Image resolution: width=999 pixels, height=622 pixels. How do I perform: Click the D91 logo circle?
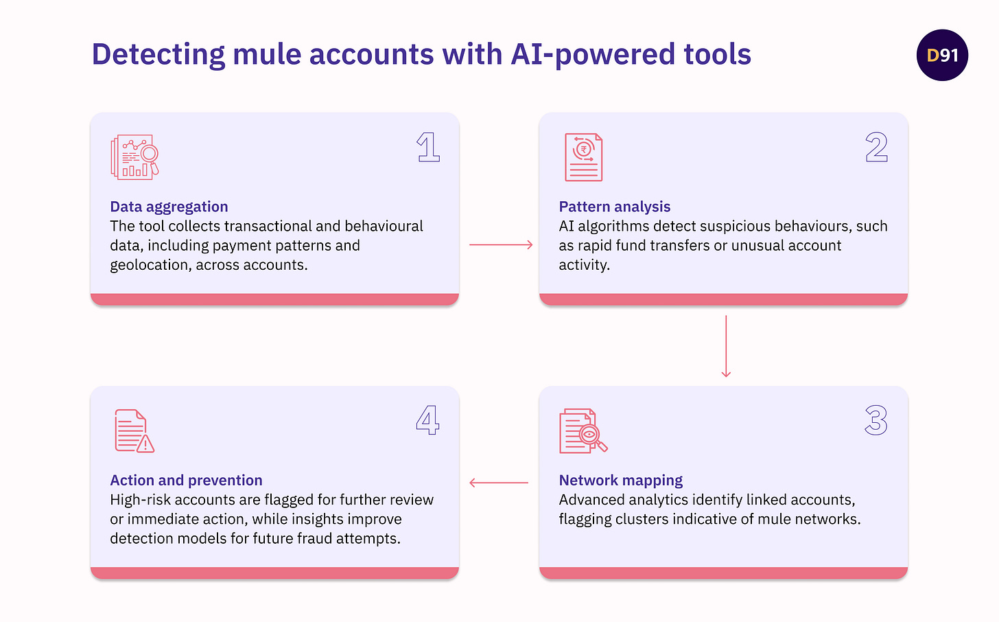pos(942,55)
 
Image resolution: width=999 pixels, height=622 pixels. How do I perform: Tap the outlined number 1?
pos(428,148)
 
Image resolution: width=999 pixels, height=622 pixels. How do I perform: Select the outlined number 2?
pos(876,148)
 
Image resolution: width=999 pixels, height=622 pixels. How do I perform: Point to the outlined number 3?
pos(876,420)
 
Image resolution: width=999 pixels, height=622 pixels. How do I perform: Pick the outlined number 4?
pos(427,420)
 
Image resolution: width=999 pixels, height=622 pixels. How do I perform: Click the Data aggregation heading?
pos(169,207)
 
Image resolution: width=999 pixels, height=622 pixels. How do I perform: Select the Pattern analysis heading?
pos(614,207)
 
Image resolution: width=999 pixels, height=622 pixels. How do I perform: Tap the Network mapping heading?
pos(620,480)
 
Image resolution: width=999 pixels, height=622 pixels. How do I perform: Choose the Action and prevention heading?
pos(186,480)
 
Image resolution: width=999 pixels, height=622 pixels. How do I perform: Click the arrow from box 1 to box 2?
pos(500,244)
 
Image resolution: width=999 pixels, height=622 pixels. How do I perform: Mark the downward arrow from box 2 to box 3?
pos(726,346)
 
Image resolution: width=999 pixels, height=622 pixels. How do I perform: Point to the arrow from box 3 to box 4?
pos(499,483)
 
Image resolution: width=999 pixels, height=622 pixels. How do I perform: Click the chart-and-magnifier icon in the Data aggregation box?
pos(134,157)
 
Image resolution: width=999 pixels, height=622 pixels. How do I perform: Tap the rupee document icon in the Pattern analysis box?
pos(583,157)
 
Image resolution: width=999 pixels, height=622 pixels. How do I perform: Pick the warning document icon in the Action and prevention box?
pos(134,431)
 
